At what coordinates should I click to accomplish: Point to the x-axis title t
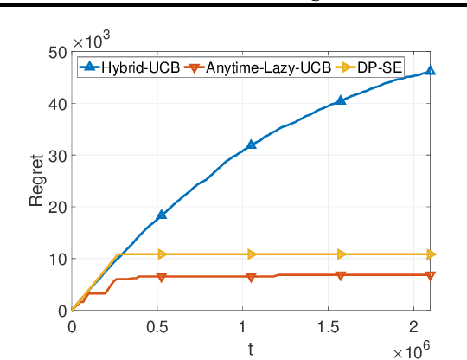tap(250, 348)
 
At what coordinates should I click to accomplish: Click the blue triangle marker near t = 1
tap(252, 145)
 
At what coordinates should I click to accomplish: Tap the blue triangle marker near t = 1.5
tap(341, 100)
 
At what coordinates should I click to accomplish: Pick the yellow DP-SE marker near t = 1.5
tap(341, 254)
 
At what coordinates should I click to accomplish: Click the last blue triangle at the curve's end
tap(430, 71)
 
